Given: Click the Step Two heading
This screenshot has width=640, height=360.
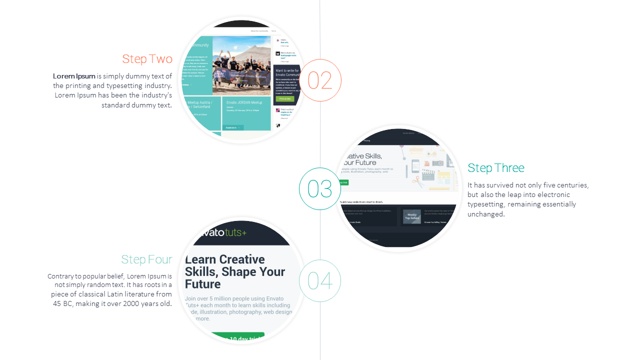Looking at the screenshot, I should pyautogui.click(x=147, y=59).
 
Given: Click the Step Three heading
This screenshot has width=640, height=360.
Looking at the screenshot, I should pyautogui.click(x=495, y=168).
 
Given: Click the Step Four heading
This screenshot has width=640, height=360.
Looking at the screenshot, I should pyautogui.click(x=146, y=259).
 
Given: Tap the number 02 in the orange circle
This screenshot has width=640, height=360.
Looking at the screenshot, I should pyautogui.click(x=320, y=80).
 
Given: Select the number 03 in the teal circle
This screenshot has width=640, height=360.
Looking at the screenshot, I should pyautogui.click(x=320, y=189).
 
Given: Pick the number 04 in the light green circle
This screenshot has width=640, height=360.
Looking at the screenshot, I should pyautogui.click(x=320, y=281).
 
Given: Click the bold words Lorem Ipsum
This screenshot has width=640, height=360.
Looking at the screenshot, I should pyautogui.click(x=74, y=76).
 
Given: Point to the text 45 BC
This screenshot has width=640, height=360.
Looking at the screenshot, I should pyautogui.click(x=62, y=303).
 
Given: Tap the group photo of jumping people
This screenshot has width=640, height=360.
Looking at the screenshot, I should pyautogui.click(x=241, y=66).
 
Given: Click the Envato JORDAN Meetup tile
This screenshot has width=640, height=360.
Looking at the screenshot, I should pyautogui.click(x=247, y=113).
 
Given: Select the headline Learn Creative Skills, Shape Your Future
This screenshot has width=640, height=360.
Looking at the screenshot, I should pyautogui.click(x=234, y=271).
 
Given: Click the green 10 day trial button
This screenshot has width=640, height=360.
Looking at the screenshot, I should pyautogui.click(x=237, y=338).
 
